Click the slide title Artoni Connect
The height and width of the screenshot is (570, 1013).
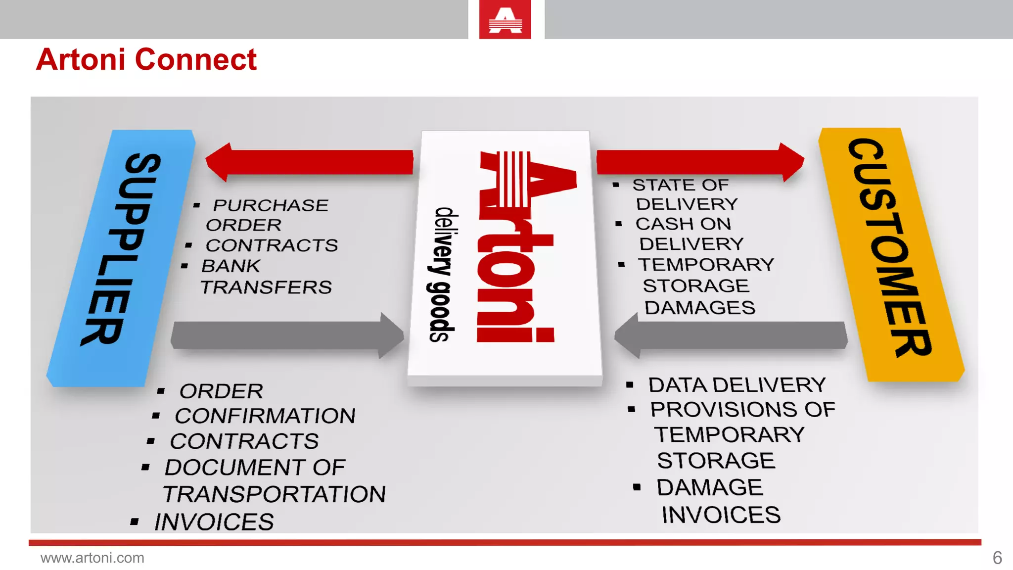[146, 60]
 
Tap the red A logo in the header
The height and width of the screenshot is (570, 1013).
[505, 20]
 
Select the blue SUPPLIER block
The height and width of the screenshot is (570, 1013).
[121, 257]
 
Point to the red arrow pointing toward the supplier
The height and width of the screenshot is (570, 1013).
[309, 162]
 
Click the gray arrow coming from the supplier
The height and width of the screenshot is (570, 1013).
[287, 335]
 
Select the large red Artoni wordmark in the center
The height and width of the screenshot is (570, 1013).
[514, 247]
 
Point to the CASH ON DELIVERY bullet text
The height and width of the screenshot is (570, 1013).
[690, 234]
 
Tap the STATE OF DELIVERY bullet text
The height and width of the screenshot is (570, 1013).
[685, 194]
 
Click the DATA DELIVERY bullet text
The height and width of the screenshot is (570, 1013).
[737, 385]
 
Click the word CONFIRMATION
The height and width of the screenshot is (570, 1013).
[265, 416]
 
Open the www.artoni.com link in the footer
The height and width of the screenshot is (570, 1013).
[92, 558]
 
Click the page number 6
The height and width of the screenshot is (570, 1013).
[997, 558]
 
